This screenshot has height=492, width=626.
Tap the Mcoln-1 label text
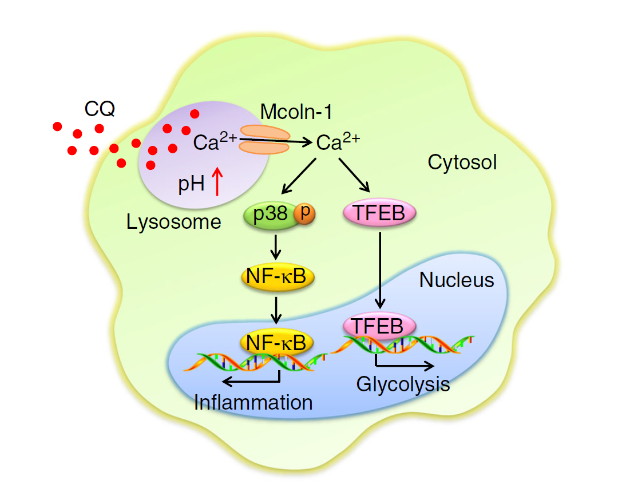(296, 112)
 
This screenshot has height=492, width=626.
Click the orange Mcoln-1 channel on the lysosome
(264, 140)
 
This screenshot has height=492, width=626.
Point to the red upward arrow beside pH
(217, 182)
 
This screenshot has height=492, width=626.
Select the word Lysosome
(174, 221)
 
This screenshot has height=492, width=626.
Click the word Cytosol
(462, 162)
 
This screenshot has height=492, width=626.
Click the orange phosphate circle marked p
(304, 213)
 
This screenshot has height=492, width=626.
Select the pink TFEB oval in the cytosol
(379, 214)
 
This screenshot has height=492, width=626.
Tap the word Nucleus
(457, 280)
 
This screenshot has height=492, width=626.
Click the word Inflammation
(253, 402)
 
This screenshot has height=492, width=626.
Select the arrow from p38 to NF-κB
(276, 246)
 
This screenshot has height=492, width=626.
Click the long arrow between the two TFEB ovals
(379, 269)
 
